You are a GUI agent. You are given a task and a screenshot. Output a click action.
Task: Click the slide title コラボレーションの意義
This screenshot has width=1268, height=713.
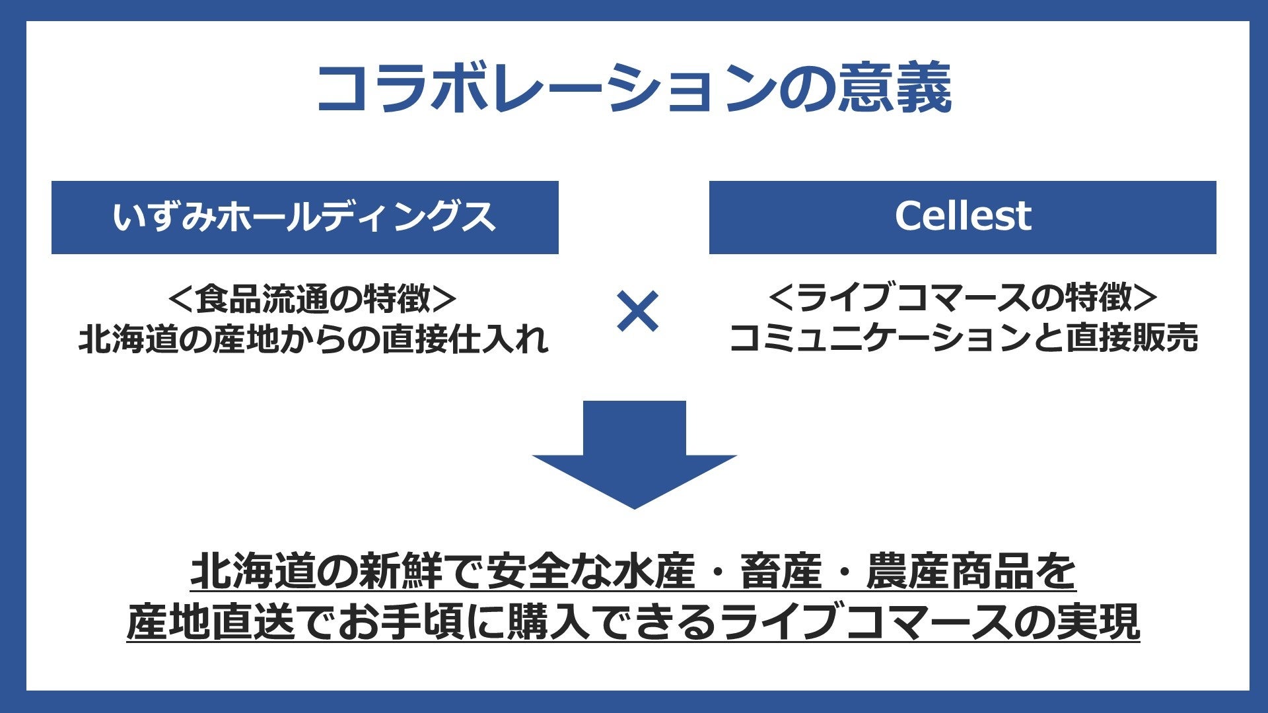(x=634, y=88)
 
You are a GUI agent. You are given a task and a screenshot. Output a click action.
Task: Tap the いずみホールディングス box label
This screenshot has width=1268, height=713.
(x=304, y=217)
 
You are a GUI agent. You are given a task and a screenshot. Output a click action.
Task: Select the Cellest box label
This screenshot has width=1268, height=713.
(x=962, y=216)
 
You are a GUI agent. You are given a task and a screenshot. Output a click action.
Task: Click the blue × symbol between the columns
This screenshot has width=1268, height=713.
(x=637, y=311)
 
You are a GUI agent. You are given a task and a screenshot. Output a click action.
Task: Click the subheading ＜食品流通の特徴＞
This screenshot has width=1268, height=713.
(x=312, y=298)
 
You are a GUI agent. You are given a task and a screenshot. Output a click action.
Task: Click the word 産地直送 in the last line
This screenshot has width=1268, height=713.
(x=211, y=622)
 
